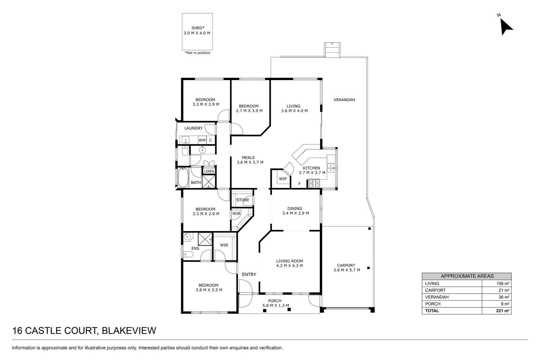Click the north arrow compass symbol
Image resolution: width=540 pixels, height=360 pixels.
506,26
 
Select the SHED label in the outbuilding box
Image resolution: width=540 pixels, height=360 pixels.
197,28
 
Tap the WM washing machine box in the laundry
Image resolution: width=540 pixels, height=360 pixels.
202,140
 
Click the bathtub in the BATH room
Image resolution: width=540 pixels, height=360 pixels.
183,178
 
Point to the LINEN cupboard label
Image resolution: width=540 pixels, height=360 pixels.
209,171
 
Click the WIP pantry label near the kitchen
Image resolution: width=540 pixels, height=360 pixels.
282,179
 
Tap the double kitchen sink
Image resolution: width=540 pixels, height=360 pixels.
331,168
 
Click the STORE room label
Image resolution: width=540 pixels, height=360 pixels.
243,200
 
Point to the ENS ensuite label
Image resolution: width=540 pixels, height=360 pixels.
195,249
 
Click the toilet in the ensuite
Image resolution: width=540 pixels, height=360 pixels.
188,255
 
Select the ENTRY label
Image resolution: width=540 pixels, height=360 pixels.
249,275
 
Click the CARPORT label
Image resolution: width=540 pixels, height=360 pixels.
346,266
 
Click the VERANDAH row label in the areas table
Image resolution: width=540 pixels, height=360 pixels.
437,297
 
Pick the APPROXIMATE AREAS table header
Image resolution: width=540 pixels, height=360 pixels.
467,276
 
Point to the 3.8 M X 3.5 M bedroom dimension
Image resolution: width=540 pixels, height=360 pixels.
209,290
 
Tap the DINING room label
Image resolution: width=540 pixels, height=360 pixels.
294,209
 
